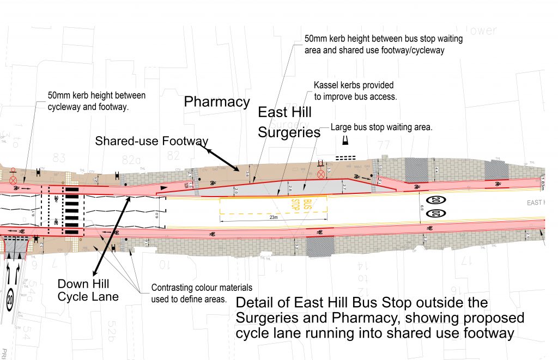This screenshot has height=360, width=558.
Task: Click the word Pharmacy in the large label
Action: point(217,102)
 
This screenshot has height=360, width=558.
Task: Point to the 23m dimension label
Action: point(273,217)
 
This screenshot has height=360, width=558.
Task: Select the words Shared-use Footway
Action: point(151,141)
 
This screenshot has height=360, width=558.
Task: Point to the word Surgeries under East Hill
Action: point(289,132)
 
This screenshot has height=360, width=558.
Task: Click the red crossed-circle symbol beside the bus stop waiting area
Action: point(321,174)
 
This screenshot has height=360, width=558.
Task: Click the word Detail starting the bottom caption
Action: point(257,303)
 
